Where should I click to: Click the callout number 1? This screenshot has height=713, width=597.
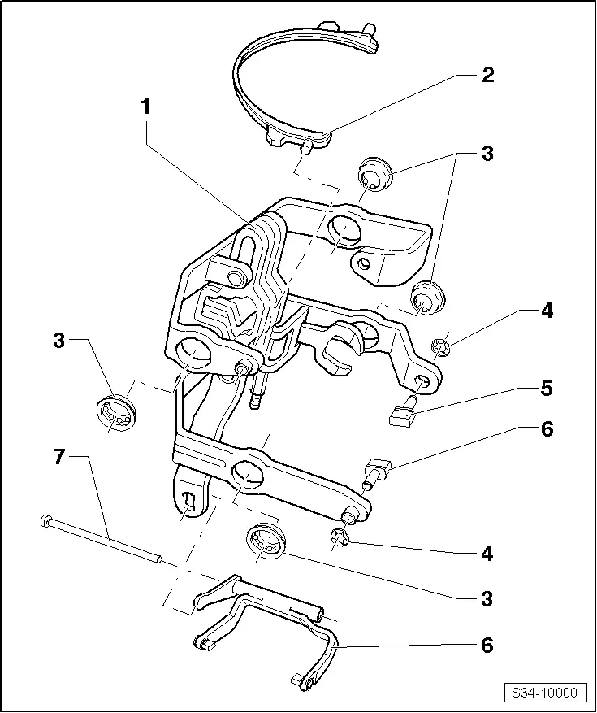click(146, 107)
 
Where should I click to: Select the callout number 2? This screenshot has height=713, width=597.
click(487, 76)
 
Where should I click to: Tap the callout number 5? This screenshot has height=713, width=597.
click(547, 388)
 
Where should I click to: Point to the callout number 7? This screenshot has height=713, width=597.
click(58, 457)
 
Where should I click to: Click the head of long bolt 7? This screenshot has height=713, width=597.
click(45, 520)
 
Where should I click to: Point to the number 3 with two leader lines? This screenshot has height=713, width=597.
click(487, 153)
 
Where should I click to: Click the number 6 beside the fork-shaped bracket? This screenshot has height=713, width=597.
click(487, 646)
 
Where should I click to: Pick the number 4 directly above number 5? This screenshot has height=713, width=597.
click(547, 311)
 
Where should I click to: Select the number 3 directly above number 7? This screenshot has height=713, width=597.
click(58, 340)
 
